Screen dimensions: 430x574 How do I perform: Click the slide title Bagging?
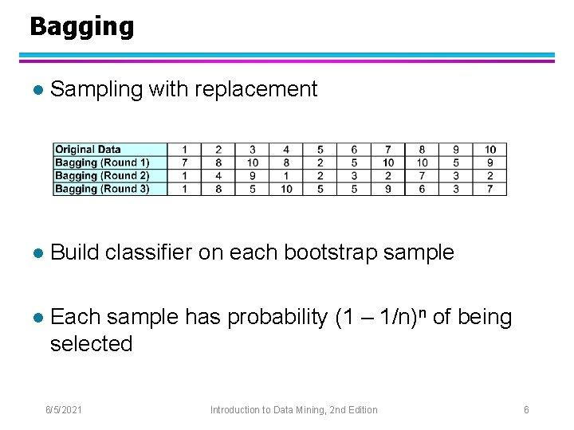point(81,27)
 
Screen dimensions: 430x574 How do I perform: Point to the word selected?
point(91,344)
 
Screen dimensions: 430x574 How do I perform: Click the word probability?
point(277,317)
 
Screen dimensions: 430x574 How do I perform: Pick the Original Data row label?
point(88,150)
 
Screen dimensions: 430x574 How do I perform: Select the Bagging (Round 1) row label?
point(101,162)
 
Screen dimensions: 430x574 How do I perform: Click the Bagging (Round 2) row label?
point(101,176)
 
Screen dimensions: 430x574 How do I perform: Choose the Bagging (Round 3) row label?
point(101,189)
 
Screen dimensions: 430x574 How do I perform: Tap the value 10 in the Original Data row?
point(489,150)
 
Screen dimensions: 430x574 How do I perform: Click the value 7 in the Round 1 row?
point(185,162)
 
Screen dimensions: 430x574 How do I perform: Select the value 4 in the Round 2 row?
point(218,176)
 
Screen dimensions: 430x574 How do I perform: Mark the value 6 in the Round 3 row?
point(422,189)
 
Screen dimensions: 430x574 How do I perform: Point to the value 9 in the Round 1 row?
point(489,162)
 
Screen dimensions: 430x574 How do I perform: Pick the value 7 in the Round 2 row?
point(422,176)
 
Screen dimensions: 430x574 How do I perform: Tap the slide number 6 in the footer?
point(526,409)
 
